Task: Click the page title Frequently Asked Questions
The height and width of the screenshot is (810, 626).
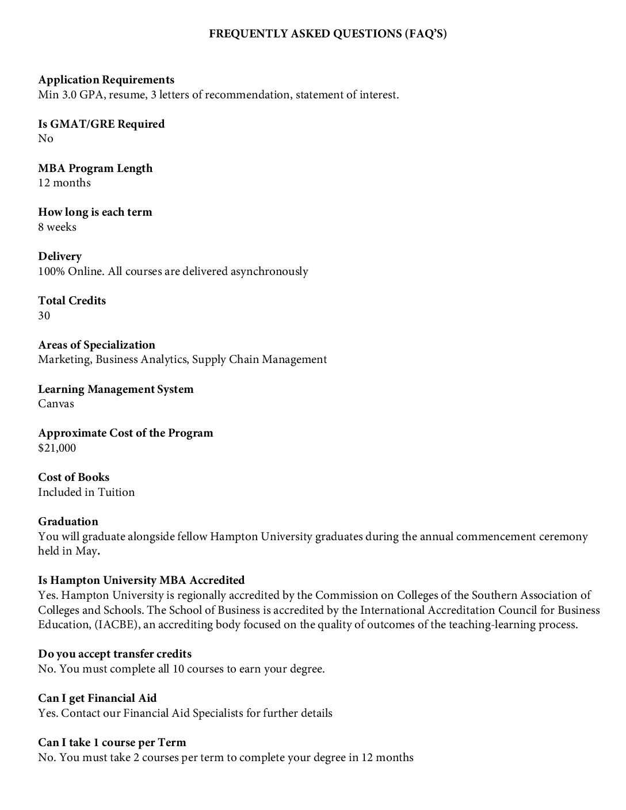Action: tap(327, 35)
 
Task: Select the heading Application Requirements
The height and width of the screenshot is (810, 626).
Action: tap(106, 80)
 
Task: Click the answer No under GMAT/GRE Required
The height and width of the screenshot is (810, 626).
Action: tap(45, 139)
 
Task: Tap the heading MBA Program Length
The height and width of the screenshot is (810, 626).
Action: tap(95, 169)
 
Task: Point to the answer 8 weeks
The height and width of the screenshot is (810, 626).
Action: tap(57, 227)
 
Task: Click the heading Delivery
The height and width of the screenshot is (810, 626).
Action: tap(60, 257)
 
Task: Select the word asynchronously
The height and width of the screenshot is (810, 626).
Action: tap(269, 272)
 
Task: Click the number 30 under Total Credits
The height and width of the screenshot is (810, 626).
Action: tap(44, 316)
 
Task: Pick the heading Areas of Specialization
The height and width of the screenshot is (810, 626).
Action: tap(96, 345)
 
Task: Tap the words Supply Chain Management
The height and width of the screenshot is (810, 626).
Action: tap(259, 360)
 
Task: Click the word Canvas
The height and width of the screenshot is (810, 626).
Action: tap(56, 404)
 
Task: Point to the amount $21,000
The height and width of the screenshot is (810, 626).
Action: tap(57, 448)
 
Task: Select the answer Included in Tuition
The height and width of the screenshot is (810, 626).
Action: tap(86, 492)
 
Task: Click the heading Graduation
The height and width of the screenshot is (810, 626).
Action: tap(68, 522)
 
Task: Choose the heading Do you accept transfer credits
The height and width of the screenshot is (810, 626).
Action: tap(114, 654)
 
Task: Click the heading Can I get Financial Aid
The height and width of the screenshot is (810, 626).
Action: tap(97, 698)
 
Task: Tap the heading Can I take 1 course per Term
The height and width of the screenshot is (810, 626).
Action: tap(112, 743)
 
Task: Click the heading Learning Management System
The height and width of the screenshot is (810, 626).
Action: tap(116, 389)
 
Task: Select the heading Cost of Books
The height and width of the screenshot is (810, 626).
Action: tap(74, 477)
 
